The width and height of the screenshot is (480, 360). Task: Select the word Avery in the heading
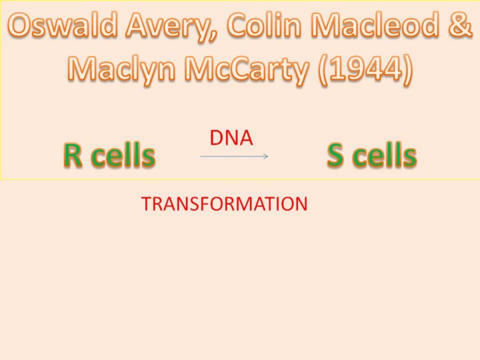[171, 27]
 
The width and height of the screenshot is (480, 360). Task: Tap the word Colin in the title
[264, 25]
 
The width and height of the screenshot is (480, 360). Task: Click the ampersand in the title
[460, 25]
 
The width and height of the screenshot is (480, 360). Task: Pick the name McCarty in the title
[247, 70]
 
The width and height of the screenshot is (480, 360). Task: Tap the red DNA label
[231, 138]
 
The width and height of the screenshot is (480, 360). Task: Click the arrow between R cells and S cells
[234, 157]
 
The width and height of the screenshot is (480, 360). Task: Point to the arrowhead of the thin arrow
[266, 157]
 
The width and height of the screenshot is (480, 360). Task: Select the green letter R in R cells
[73, 155]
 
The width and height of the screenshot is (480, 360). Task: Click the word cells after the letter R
[123, 155]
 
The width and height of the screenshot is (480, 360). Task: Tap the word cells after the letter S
[385, 155]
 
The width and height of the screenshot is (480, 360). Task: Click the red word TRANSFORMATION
[225, 204]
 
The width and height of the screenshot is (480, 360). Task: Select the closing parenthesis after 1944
[407, 70]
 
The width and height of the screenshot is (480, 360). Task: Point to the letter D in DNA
[217, 138]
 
